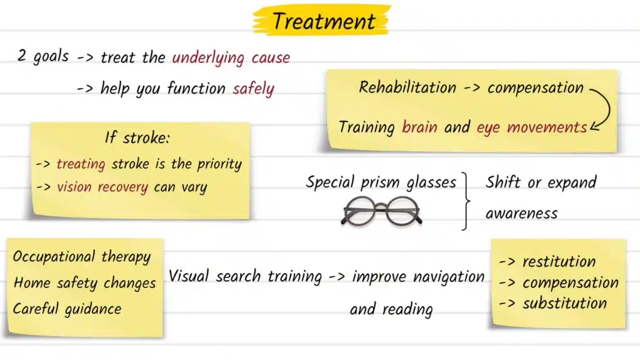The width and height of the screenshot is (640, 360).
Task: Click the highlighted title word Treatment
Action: [324, 21]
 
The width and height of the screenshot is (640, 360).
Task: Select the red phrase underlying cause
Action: [231, 57]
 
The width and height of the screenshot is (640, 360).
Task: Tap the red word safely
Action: [253, 89]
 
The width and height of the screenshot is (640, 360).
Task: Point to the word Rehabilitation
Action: [407, 87]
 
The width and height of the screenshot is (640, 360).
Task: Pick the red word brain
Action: [420, 127]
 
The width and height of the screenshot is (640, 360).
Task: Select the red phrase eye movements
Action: [531, 127]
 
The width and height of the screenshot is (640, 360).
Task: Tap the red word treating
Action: [81, 164]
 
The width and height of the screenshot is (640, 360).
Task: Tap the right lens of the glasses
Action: [402, 211]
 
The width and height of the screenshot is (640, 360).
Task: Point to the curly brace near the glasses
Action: [466, 201]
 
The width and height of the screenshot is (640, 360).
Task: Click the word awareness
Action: [521, 214]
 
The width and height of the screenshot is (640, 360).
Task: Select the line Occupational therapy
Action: [82, 257]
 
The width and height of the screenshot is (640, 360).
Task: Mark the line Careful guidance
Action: [67, 308]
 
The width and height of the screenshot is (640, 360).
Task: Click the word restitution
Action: [558, 261]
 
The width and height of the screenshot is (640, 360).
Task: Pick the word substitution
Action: [564, 304]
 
